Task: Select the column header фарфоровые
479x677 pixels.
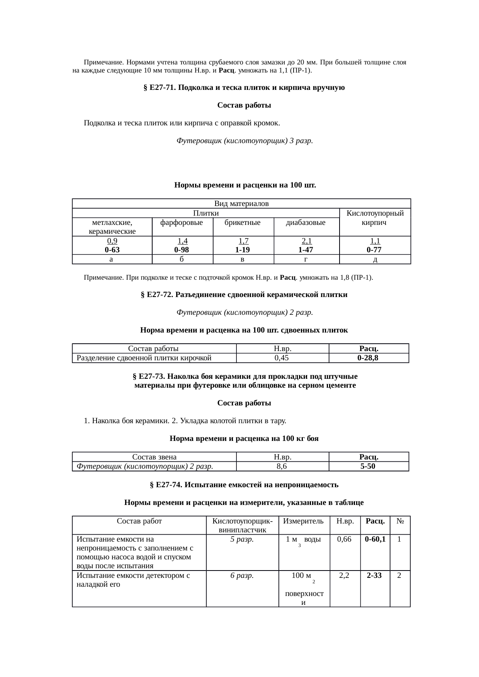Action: point(182,223)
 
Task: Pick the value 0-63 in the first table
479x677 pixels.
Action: point(112,250)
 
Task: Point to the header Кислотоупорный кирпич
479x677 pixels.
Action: point(375,218)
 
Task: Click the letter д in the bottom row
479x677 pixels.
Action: point(375,260)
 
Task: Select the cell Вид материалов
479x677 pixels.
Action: point(241,203)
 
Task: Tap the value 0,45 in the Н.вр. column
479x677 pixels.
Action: point(282,358)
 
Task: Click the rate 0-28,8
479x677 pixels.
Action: point(368,358)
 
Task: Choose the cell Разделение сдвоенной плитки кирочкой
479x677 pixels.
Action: point(144,358)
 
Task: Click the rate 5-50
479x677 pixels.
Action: point(368,466)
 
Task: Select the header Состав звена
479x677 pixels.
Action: point(154,457)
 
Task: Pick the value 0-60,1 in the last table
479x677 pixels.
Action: point(375,539)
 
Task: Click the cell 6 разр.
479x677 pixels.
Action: point(242,576)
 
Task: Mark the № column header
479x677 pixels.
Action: point(400,521)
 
